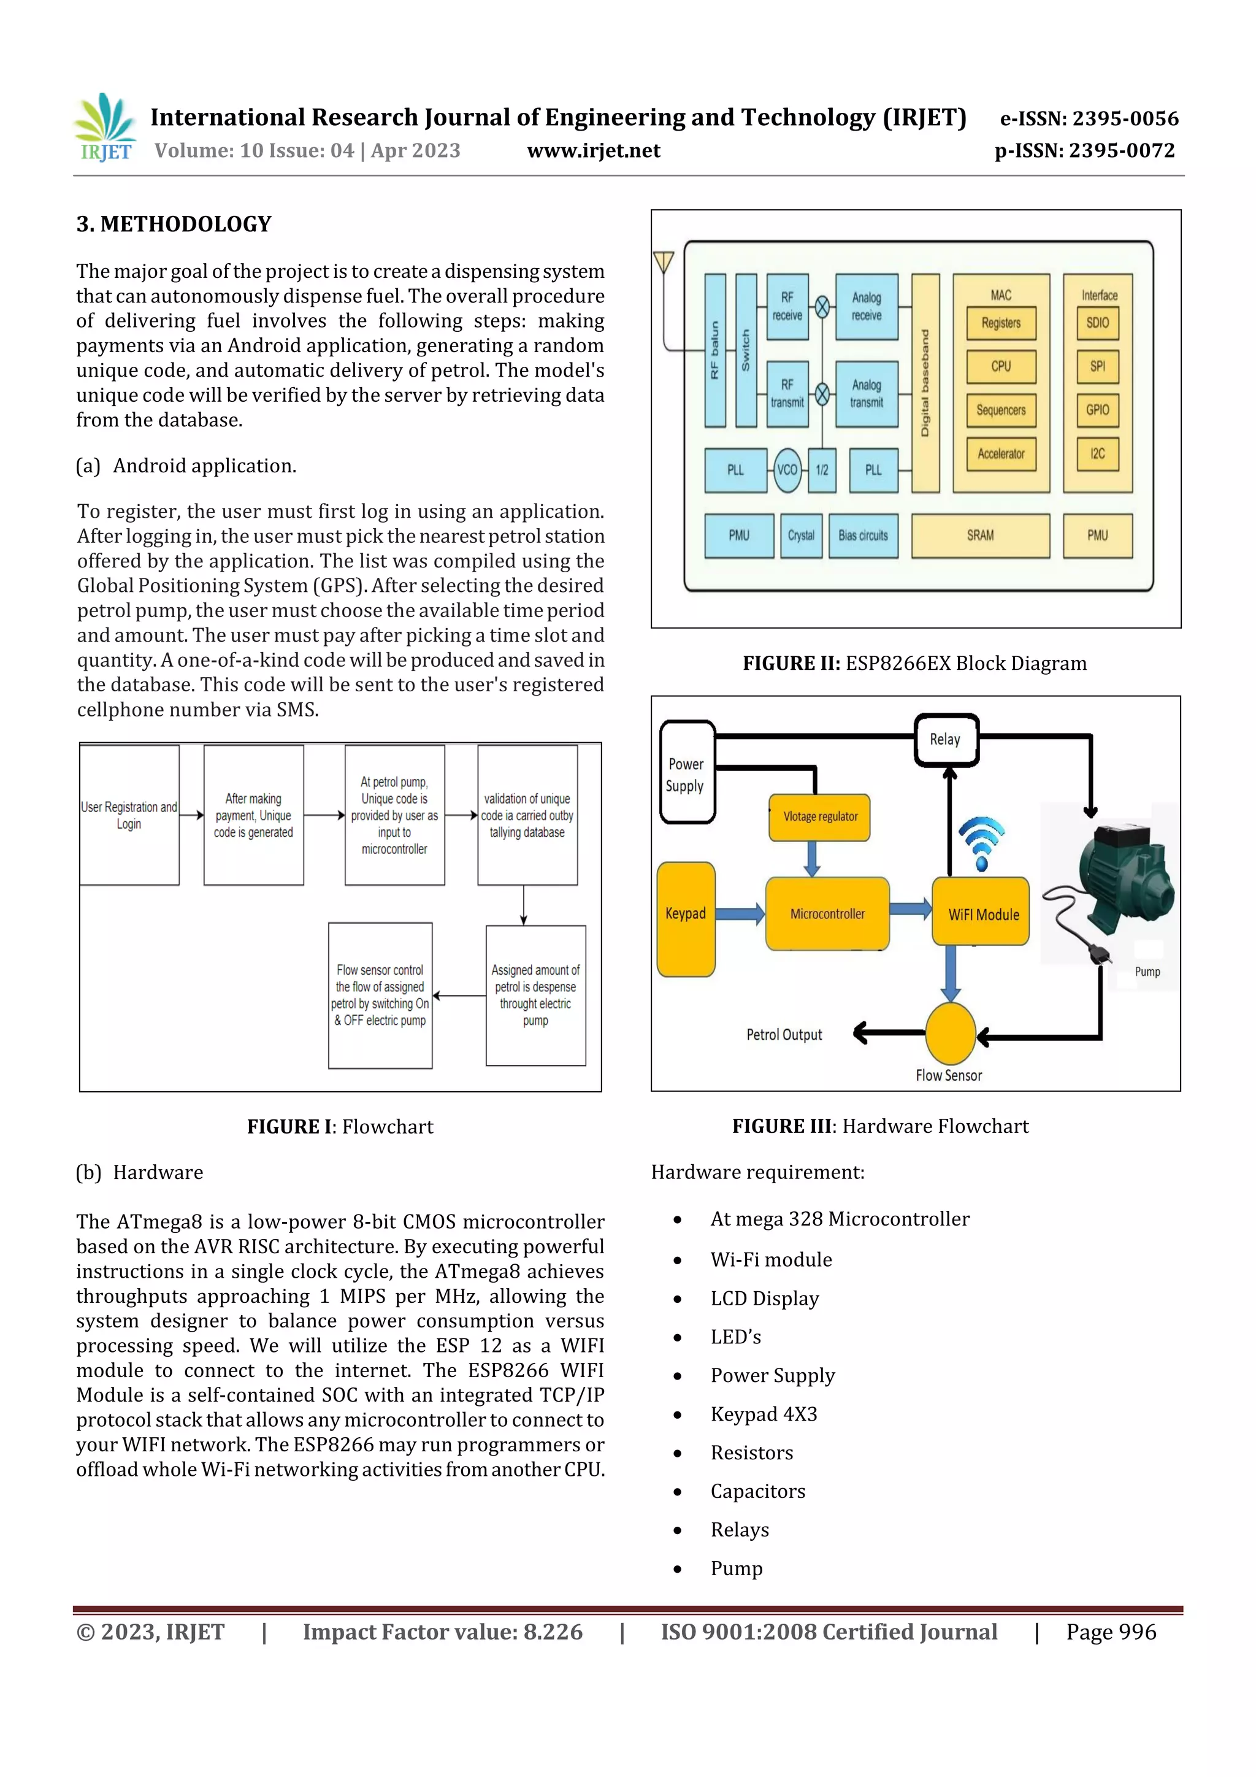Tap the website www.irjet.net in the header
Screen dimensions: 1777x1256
(594, 151)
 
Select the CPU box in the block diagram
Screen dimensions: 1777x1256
(1001, 367)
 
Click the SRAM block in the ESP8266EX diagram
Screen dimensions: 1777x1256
(980, 535)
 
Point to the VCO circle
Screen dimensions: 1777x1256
(787, 470)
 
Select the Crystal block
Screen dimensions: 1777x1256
(801, 535)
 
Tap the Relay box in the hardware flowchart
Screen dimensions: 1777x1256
(946, 740)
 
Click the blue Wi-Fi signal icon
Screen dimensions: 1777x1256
(981, 842)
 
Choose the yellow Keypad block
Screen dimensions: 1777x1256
(686, 919)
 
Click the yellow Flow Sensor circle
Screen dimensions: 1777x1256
(951, 1033)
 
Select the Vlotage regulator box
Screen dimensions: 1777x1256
(819, 816)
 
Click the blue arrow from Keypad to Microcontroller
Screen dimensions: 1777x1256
(740, 914)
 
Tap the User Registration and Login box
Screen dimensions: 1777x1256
(129, 815)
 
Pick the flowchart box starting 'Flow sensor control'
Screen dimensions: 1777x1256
(380, 996)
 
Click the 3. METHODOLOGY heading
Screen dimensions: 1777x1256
(174, 225)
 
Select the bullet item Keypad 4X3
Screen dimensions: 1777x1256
(763, 1414)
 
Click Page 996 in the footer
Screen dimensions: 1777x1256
(1111, 1632)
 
